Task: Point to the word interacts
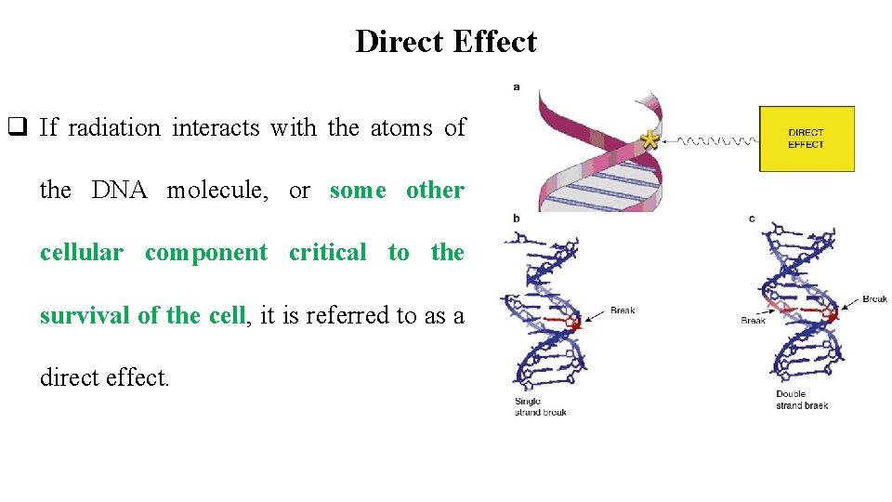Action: click(216, 128)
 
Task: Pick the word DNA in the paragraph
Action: click(118, 191)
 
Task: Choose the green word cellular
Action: click(81, 253)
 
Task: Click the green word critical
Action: click(327, 253)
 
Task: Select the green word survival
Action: click(85, 315)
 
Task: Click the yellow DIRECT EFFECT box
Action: click(807, 139)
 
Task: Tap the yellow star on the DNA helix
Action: click(650, 141)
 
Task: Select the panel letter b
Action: click(517, 219)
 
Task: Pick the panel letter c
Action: click(751, 219)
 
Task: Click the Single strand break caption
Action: click(541, 406)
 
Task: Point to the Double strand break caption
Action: click(802, 400)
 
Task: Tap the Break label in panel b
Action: click(623, 310)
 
